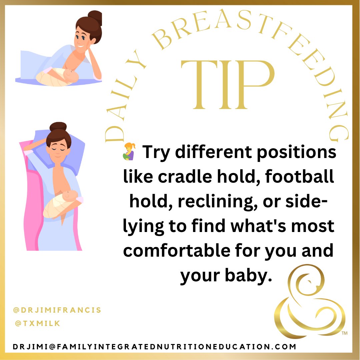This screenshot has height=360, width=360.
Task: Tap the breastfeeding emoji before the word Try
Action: tap(130, 152)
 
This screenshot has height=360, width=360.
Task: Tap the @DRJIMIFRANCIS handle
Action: tap(57, 310)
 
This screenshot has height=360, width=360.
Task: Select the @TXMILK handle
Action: tap(37, 323)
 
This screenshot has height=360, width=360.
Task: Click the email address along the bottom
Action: tap(154, 347)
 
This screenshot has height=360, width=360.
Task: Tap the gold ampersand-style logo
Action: tap(308, 302)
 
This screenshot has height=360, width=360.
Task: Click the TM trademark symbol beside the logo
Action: tap(345, 333)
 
